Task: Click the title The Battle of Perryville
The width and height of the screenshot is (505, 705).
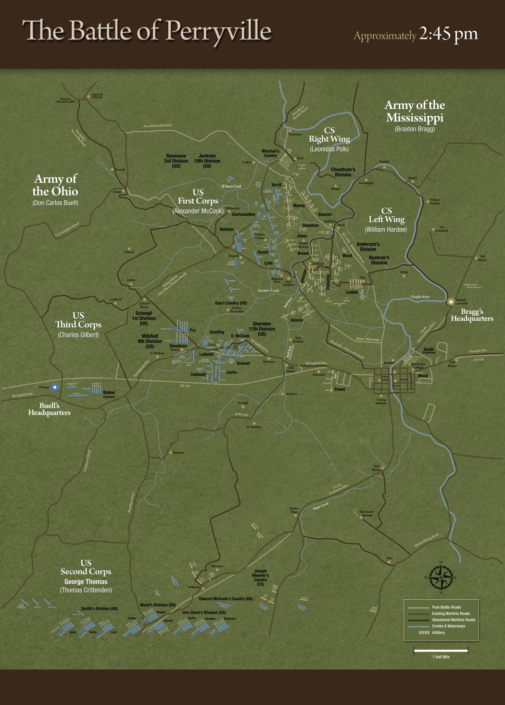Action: [147, 31]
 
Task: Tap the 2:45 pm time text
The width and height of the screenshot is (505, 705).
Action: [448, 34]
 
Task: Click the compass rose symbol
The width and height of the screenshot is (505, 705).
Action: [441, 578]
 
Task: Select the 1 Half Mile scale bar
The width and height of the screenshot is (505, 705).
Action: [441, 651]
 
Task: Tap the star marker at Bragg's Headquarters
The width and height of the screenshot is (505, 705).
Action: [451, 302]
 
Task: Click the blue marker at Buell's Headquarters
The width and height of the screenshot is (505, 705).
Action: [55, 387]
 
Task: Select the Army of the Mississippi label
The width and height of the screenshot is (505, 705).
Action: [415, 111]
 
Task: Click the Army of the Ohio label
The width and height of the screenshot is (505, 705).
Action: [55, 185]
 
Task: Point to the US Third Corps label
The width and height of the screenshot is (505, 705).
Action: [78, 320]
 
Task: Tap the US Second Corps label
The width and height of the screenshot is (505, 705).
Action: [86, 568]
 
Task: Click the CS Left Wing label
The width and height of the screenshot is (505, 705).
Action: [386, 215]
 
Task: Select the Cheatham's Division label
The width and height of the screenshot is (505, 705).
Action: [343, 172]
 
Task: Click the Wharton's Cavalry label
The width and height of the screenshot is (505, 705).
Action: [270, 153]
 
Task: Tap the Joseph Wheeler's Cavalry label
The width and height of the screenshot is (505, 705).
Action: [260, 578]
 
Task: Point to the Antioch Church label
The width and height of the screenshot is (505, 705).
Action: [97, 96]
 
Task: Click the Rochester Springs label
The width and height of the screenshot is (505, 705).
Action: [367, 513]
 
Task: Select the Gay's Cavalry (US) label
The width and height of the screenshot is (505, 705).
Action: [231, 303]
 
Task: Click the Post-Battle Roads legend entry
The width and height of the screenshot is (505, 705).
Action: [446, 607]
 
